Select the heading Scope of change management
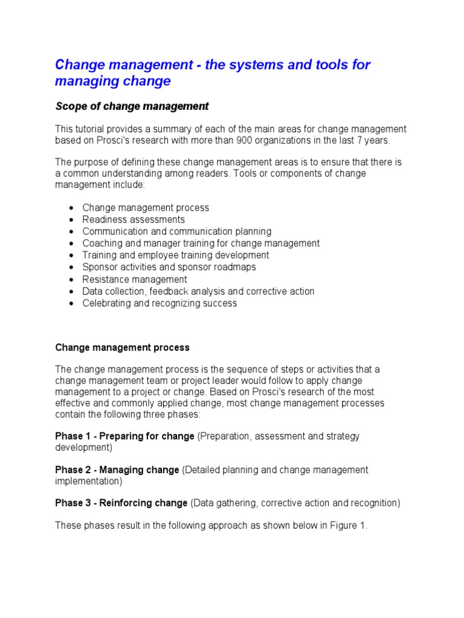pyautogui.click(x=132, y=106)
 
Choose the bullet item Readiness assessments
pyautogui.click(x=134, y=220)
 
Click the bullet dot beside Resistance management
pyautogui.click(x=71, y=280)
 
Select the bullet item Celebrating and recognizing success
pyautogui.click(x=159, y=304)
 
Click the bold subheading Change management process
pyautogui.click(x=122, y=348)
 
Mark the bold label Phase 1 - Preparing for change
pyautogui.click(x=124, y=436)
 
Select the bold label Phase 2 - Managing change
pyautogui.click(x=117, y=470)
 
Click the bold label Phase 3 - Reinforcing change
pyautogui.click(x=121, y=503)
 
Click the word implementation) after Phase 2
pyautogui.click(x=89, y=481)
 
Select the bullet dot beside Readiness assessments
pyautogui.click(x=71, y=220)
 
